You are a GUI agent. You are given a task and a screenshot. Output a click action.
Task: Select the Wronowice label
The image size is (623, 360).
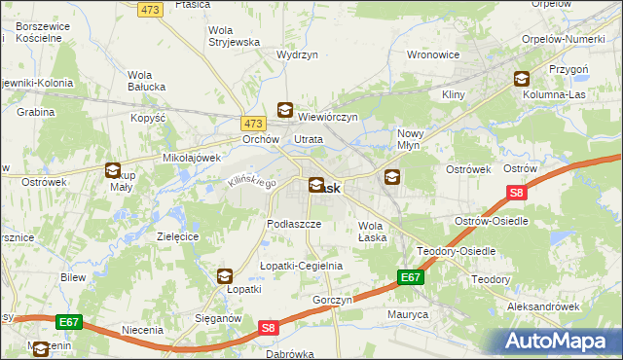tap(432, 54)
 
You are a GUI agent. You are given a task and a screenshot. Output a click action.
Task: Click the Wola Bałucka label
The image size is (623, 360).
tap(147, 81)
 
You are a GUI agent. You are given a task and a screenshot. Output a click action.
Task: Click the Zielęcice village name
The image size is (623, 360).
tap(178, 236)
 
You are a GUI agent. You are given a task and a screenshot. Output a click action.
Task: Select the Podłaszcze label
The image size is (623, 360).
tap(294, 223)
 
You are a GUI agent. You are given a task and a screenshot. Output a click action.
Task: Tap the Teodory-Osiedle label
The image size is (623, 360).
tap(457, 251)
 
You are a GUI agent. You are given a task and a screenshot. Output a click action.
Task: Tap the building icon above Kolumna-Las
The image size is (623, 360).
tap(522, 81)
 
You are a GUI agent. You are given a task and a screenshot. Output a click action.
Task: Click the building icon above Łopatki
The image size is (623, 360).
tap(225, 276)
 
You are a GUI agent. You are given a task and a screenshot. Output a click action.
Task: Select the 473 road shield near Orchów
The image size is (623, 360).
tap(253, 124)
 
